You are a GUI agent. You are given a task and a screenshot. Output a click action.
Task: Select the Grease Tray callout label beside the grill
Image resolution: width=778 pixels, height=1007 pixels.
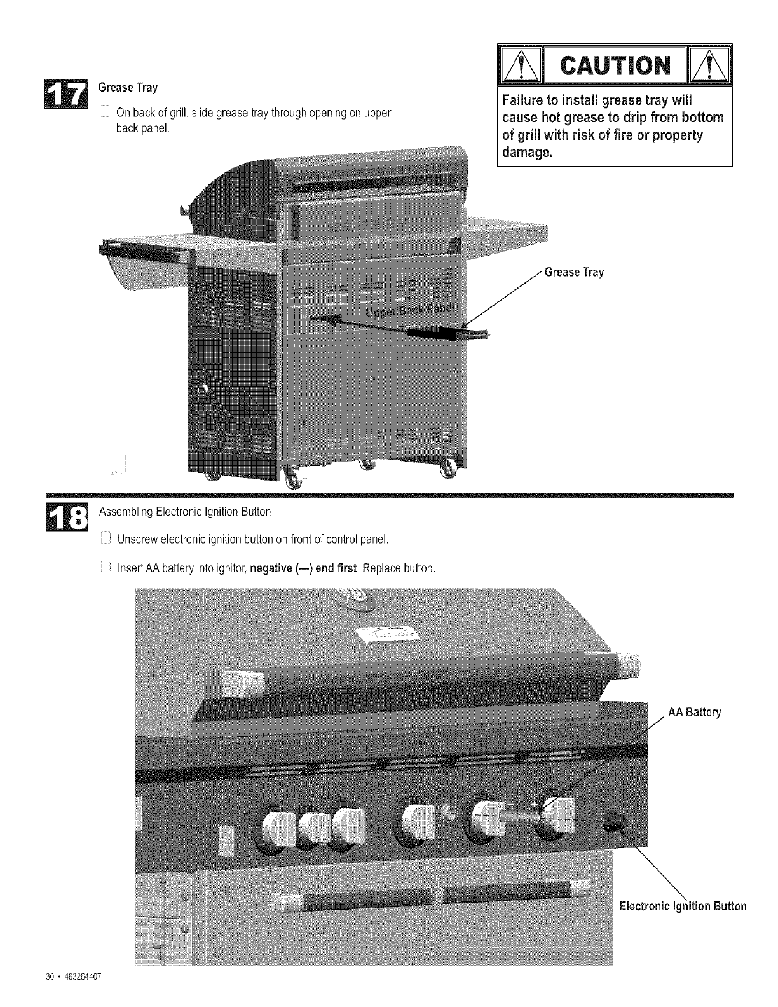574,273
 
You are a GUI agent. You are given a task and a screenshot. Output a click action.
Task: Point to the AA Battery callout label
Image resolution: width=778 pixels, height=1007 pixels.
695,713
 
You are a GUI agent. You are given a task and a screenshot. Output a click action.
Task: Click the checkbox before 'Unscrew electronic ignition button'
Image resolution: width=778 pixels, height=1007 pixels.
106,540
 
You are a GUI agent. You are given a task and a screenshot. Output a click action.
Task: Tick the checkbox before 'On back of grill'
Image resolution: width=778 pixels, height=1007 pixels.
106,114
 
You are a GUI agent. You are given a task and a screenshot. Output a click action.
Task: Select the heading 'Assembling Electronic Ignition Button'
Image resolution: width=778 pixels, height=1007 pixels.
184,512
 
